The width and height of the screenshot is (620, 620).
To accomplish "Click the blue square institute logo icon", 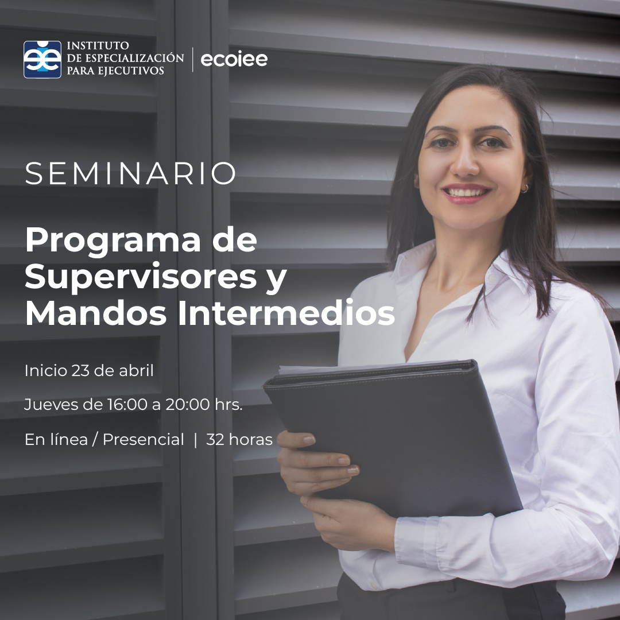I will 42,59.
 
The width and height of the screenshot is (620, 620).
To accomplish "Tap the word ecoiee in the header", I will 234,59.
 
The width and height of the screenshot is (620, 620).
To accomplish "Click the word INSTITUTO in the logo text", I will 98,45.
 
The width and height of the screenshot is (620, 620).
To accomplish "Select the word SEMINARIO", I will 130,173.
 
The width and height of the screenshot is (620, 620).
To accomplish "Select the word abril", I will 137,371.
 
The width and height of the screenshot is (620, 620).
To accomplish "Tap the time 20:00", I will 188,405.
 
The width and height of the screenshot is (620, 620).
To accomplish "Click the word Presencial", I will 143,440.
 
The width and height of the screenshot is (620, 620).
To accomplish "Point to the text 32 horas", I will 239,440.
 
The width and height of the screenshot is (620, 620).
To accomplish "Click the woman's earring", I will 524,188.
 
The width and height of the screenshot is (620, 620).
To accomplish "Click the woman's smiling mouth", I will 466,192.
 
